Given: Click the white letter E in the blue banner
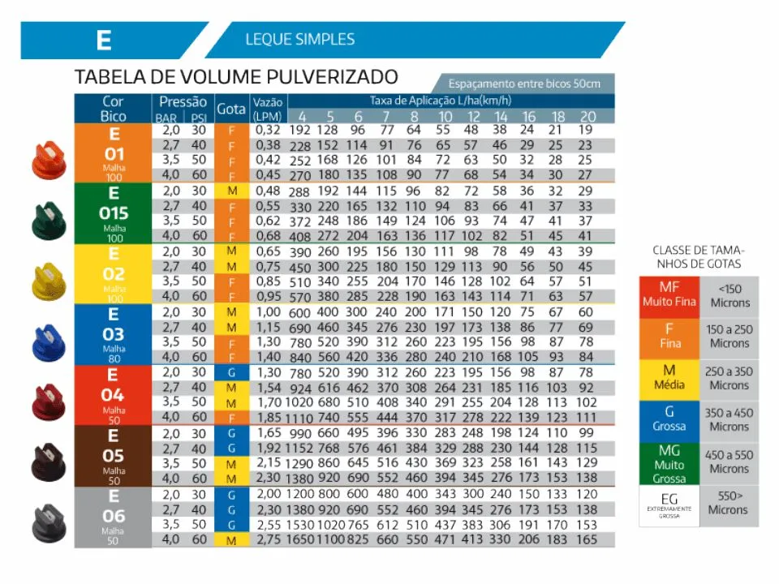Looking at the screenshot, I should click(103, 41).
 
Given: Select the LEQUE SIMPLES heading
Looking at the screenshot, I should click(299, 39).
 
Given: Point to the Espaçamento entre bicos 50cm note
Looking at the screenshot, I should click(524, 84).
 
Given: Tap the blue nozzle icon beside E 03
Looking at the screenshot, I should click(49, 339).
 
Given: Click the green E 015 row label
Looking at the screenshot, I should click(113, 213).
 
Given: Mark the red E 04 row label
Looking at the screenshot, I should click(113, 394).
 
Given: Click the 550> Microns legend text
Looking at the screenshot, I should click(727, 503).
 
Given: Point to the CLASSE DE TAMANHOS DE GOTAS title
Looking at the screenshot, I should click(697, 257).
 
